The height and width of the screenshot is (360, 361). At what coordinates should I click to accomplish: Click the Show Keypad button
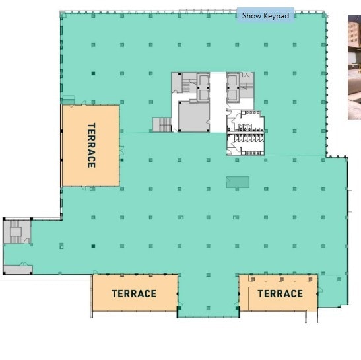point(265,15)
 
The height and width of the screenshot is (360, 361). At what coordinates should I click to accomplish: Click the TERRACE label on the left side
point(91,145)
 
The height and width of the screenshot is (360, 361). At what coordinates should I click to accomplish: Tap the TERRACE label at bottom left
point(134,293)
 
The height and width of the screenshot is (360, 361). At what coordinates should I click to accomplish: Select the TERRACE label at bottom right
point(280,293)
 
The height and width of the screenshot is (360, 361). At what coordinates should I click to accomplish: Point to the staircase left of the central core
point(162,124)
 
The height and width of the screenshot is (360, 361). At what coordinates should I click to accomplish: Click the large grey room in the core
point(193,116)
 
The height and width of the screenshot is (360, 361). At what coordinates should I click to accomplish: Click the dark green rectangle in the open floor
point(238,182)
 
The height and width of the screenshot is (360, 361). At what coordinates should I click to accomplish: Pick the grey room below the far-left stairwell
point(18,269)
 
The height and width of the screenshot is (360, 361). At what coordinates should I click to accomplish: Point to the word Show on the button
point(252,15)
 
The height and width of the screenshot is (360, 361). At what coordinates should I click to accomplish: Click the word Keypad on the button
point(277,15)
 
